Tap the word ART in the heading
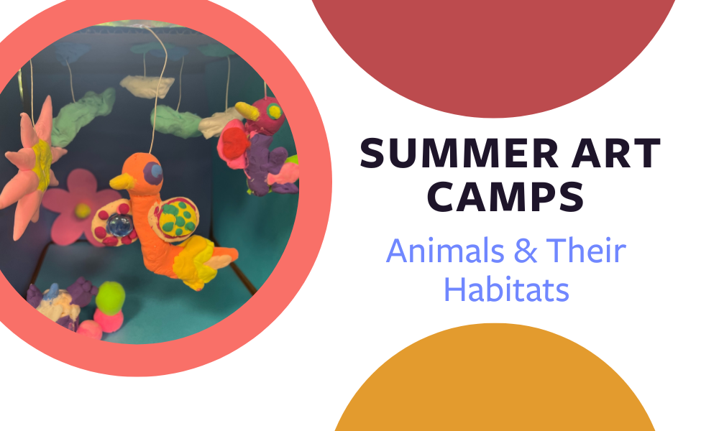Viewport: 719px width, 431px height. (616, 154)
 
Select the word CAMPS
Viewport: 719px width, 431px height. (505, 197)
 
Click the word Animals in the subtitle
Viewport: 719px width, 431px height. (445, 251)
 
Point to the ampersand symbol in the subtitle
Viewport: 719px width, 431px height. (525, 251)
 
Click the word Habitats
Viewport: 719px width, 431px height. (507, 289)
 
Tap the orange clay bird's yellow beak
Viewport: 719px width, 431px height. (122, 181)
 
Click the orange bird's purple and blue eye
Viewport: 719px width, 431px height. (153, 172)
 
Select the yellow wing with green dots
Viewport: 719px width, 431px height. (178, 217)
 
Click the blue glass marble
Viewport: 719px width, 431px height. (119, 225)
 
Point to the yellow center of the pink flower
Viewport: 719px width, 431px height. (83, 210)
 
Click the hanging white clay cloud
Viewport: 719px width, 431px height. (147, 87)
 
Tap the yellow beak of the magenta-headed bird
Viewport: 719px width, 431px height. (247, 111)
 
